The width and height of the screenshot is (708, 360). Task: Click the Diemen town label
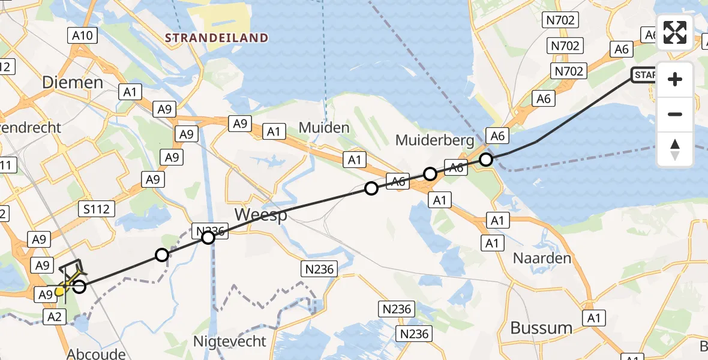coord(73,82)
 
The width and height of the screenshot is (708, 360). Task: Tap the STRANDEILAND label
coord(217,38)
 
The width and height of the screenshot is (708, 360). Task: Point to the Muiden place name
coord(324,127)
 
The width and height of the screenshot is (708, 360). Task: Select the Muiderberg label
coord(435,140)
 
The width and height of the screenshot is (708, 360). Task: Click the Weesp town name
coord(260,215)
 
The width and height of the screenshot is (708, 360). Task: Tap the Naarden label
coord(542,259)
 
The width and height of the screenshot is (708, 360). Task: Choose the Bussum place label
coord(541,328)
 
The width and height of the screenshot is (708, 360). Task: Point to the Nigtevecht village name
coord(230,342)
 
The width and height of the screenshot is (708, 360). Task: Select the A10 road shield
coord(82,36)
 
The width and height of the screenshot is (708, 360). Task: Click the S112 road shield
coord(97,209)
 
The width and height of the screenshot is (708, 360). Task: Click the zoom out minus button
coord(675,114)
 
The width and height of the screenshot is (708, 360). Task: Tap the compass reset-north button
coord(675,149)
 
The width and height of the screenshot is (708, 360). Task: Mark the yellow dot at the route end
coord(59,292)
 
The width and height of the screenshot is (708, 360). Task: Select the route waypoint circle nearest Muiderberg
coord(486,160)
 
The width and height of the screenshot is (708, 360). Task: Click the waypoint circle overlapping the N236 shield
coord(208,238)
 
